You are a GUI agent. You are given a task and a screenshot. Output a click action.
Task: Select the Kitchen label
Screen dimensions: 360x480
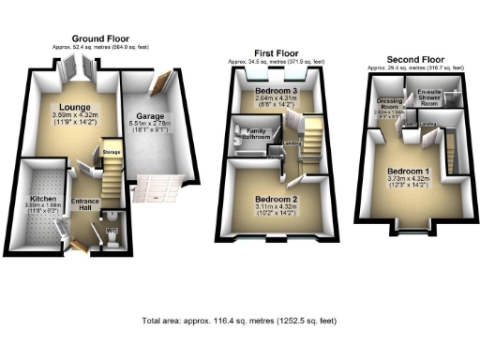coord(41,200)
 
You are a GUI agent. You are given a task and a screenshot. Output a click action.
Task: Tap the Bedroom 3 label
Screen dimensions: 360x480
coord(276,91)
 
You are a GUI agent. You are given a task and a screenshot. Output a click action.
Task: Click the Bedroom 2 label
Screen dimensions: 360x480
coord(276,199)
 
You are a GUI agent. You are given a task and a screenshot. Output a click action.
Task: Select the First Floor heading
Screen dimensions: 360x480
coord(277,53)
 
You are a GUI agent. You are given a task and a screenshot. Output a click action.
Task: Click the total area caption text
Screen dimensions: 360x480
coord(239,321)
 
